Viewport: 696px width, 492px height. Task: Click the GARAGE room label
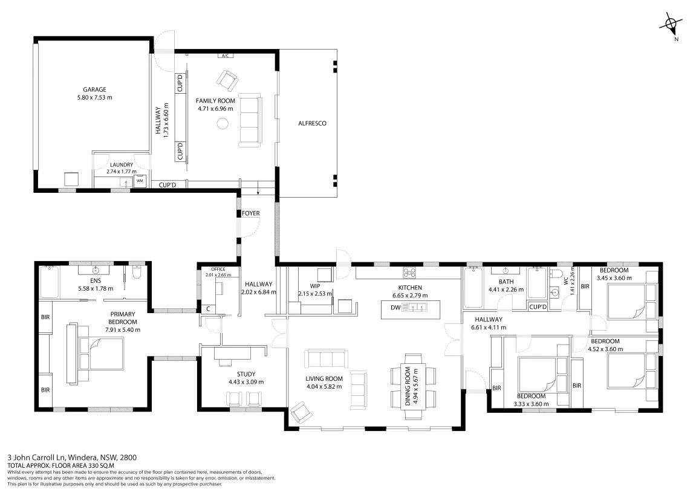[94, 89]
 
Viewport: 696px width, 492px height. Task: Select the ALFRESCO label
[312, 123]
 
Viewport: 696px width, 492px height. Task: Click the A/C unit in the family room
[225, 56]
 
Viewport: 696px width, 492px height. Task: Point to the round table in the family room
[223, 124]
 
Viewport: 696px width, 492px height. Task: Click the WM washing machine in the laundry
[140, 181]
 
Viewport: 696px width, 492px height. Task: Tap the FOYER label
[251, 213]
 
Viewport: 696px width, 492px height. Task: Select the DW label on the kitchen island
[395, 308]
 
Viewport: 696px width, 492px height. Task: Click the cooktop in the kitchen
[409, 272]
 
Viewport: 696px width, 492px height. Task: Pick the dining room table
[413, 387]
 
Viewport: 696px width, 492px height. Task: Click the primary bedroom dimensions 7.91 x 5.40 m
[123, 329]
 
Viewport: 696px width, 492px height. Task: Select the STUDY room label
[246, 374]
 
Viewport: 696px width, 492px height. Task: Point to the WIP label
[314, 286]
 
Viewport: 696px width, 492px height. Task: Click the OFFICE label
[218, 270]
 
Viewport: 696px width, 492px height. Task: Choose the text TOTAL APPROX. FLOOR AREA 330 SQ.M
[61, 465]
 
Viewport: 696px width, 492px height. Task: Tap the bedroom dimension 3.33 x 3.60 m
[531, 404]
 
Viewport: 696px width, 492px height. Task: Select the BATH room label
[506, 282]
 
